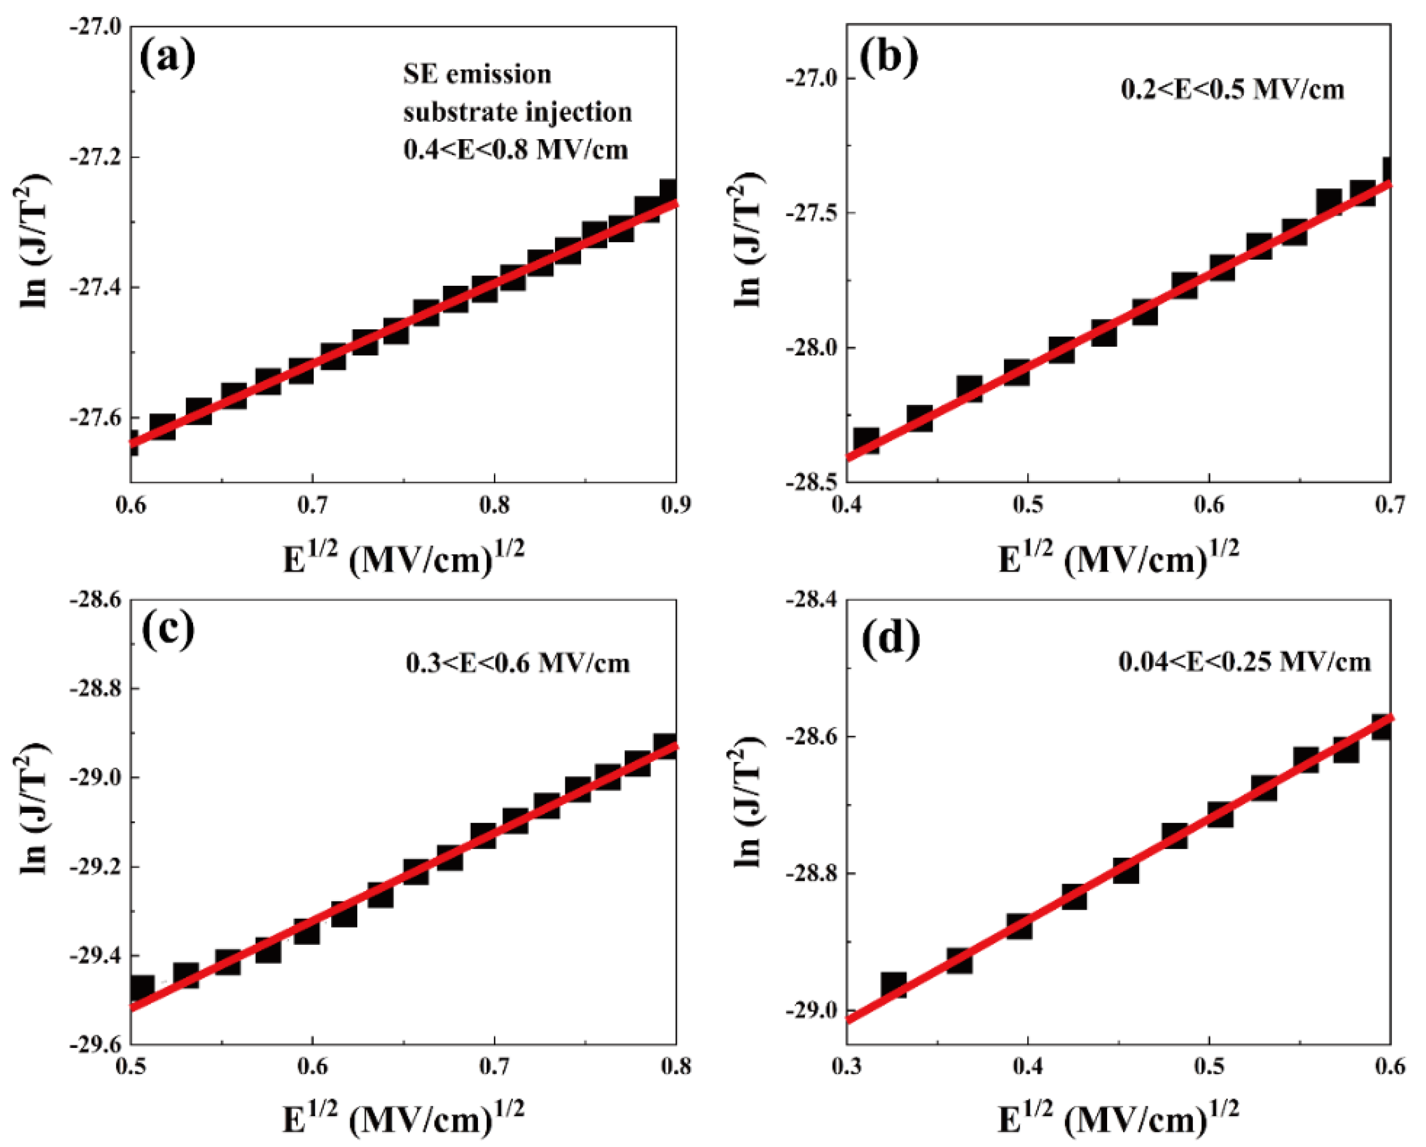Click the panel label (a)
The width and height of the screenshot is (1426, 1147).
click(x=167, y=58)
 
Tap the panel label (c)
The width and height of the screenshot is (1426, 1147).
click(x=168, y=630)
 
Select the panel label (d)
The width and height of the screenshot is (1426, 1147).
click(x=891, y=639)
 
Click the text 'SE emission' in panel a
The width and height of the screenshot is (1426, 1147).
click(x=477, y=74)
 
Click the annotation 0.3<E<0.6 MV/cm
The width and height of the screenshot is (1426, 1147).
click(x=518, y=663)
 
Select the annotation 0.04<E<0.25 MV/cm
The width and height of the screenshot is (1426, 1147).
click(x=1244, y=661)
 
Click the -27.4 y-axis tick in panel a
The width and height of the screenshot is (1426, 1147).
click(x=96, y=287)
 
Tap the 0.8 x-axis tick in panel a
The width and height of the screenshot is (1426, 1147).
click(x=494, y=506)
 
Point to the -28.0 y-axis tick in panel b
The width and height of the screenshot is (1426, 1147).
click(x=811, y=347)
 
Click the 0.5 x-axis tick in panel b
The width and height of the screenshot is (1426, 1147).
click(x=1027, y=506)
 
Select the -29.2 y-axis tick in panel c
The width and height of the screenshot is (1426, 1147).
click(x=96, y=867)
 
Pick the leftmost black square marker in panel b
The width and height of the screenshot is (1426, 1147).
click(x=867, y=440)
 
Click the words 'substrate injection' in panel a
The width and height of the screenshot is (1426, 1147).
click(x=517, y=112)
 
